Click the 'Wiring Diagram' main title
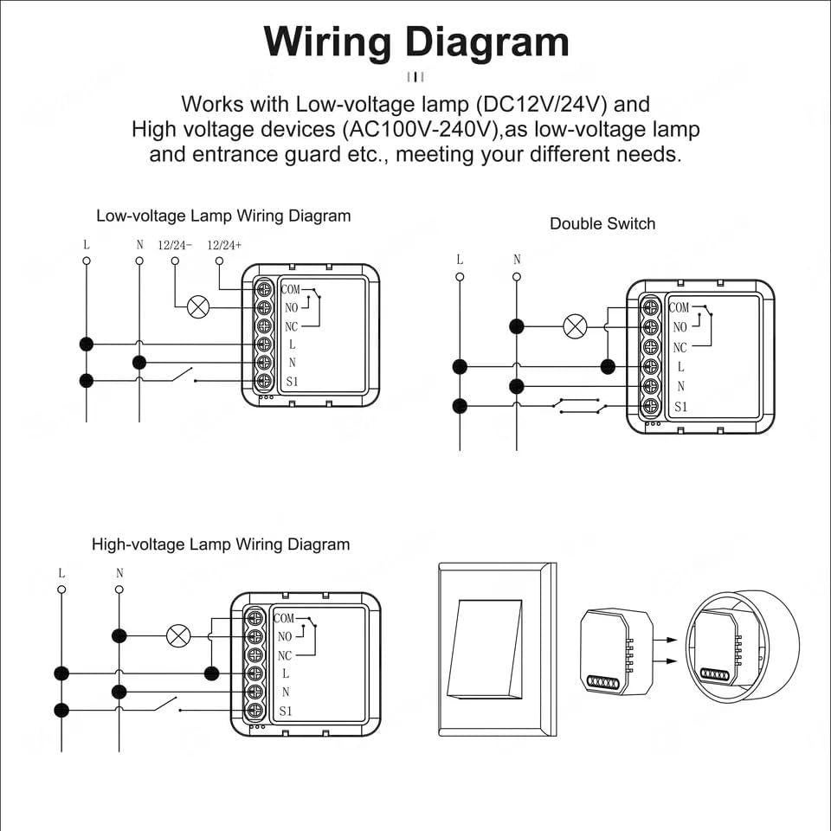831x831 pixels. pos(416,41)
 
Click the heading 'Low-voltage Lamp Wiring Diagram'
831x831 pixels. pos(223,216)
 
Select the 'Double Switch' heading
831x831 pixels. pos(602,223)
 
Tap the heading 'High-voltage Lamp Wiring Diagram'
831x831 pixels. pos(221,544)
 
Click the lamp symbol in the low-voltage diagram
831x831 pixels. pos(199,306)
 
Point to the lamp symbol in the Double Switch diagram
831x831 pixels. pos(575,326)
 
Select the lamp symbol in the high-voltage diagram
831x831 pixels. pos(178,636)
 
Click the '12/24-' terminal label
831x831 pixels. pos(175,245)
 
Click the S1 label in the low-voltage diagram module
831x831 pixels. pos(291,382)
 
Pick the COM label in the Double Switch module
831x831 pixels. pos(679,307)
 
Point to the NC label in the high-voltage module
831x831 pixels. pos(285,655)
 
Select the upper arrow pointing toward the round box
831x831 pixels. pos(666,641)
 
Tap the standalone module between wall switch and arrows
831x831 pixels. pos(615,649)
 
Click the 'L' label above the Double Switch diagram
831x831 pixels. pos(460,260)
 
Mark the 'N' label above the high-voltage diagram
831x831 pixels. pos(119,573)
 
